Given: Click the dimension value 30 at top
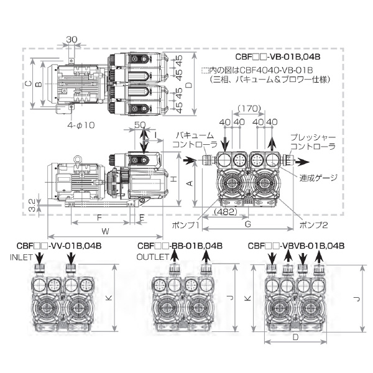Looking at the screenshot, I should tap(71, 39).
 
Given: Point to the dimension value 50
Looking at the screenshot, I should tap(139, 126).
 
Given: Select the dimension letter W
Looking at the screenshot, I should tap(105, 231).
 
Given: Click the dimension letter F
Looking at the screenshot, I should tap(99, 218).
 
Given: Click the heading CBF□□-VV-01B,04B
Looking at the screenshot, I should tap(62, 246).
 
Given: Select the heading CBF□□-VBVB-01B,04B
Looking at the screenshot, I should tap(296, 246).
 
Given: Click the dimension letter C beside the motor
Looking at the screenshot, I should tap(27, 83).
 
